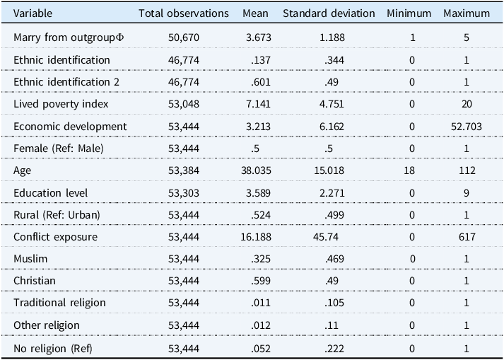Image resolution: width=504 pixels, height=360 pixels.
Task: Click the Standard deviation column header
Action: click(329, 13)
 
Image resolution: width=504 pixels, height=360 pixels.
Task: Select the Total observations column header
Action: click(184, 13)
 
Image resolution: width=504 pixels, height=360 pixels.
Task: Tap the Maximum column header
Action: click(467, 13)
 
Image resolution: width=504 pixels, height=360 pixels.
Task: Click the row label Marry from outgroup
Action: click(69, 37)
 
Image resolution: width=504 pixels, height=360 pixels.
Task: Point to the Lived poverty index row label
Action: click(61, 104)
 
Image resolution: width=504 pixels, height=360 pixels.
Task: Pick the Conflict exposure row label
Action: click(55, 237)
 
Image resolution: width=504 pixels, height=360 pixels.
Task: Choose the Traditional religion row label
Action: click(59, 303)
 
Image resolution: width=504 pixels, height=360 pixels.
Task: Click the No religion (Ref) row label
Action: click(53, 349)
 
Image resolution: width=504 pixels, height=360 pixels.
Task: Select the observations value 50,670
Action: click(184, 37)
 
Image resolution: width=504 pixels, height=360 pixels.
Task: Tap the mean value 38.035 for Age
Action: click(256, 170)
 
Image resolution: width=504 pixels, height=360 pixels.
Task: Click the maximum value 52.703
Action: click(467, 127)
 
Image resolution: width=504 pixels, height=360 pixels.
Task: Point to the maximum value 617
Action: click(467, 237)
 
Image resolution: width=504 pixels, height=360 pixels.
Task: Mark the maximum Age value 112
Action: click(467, 170)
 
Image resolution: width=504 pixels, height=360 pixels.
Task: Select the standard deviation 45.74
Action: click(326, 237)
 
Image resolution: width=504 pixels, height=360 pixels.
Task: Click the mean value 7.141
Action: click(258, 104)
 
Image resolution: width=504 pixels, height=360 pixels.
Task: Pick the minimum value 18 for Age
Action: click(409, 170)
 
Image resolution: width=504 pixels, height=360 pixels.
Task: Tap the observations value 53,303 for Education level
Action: click(184, 193)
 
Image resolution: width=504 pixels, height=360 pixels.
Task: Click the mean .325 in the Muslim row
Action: click(261, 259)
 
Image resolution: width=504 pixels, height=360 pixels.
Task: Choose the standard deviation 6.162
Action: click(332, 127)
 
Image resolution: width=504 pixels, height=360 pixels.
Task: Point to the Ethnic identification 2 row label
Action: click(66, 82)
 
